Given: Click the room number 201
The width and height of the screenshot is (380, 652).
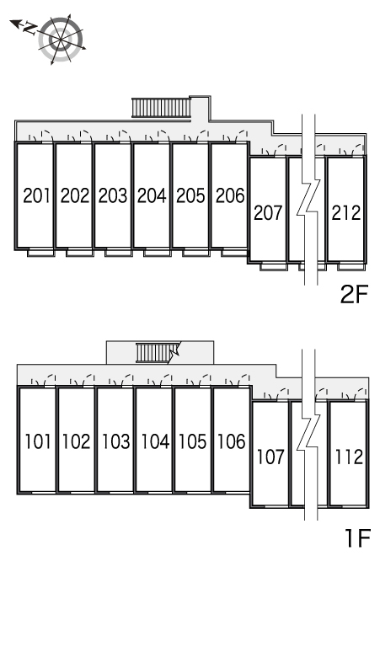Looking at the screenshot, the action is point(36,195).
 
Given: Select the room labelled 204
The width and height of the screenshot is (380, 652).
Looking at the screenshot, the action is point(152,195).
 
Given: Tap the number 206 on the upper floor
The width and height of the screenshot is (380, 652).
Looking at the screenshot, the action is point(230,195).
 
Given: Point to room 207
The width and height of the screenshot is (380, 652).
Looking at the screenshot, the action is point(268,213).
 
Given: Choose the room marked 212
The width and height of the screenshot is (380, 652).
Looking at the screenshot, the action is point(346,213).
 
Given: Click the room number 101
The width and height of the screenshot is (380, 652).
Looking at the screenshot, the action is point(37,441).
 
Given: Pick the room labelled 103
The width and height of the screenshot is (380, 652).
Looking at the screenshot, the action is point(116,441).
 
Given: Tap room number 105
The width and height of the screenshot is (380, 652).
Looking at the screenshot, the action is point(193,441).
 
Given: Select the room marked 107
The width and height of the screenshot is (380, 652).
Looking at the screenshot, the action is point(270,457).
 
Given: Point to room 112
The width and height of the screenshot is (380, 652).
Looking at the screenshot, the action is point(349,457).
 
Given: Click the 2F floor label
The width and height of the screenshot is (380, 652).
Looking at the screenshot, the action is point(354,295).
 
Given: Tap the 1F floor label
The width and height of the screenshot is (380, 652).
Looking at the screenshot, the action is point(357,539).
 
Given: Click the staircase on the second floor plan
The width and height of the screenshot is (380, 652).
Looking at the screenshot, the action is point(161,108).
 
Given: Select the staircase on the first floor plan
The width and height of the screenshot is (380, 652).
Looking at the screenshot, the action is point(155,353).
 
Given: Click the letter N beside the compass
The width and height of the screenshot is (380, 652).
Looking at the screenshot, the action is point(29,29).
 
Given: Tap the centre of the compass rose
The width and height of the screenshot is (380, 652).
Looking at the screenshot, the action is point(61,40).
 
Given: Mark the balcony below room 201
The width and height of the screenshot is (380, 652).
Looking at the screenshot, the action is point(41,252).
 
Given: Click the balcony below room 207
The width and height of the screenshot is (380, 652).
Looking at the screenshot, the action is point(274,266).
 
